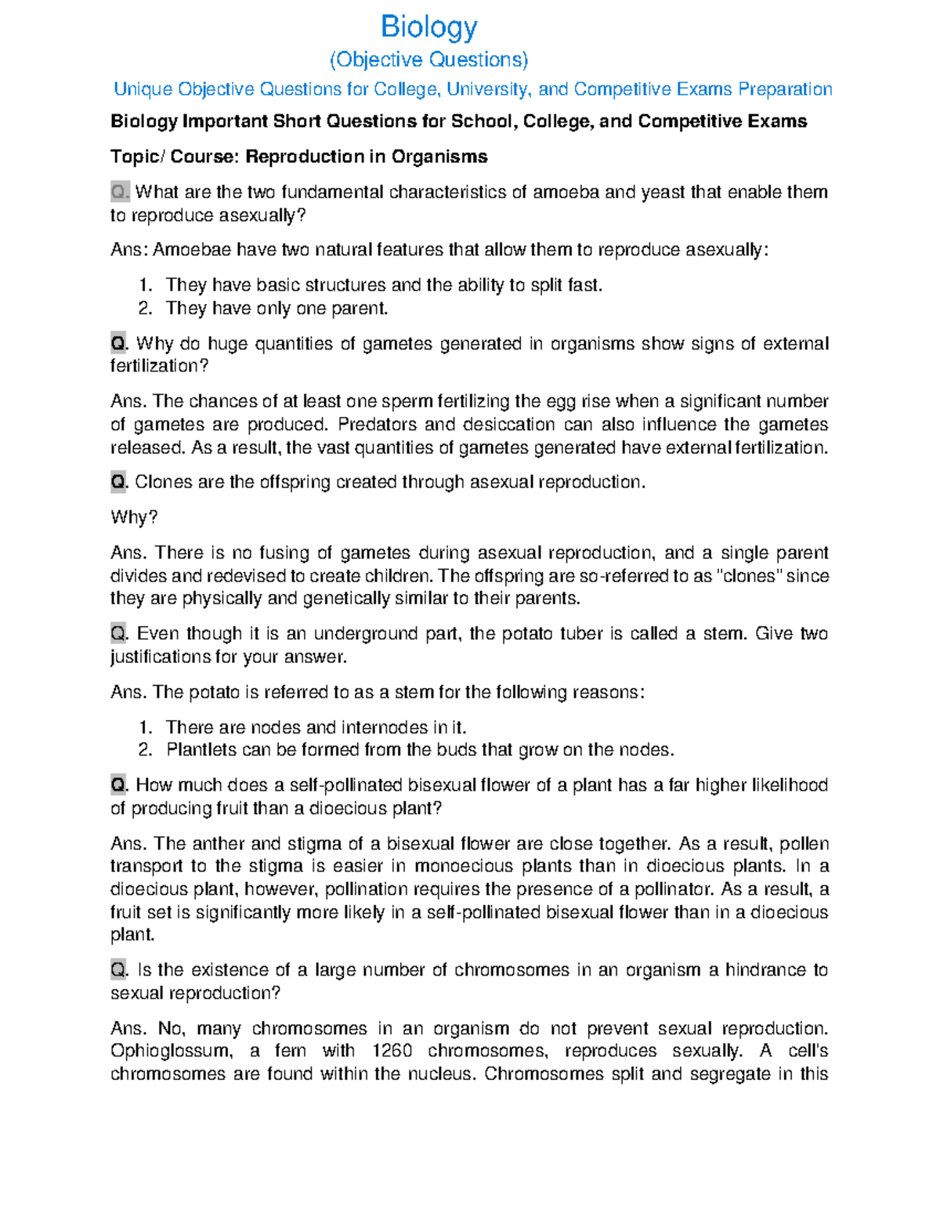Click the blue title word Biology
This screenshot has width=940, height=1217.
(428, 27)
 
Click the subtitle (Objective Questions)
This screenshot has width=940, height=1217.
(428, 60)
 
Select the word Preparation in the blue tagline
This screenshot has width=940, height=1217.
(785, 89)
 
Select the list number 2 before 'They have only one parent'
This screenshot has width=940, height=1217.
(144, 308)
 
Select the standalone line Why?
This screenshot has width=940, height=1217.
(134, 517)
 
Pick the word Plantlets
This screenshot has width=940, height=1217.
(201, 750)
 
